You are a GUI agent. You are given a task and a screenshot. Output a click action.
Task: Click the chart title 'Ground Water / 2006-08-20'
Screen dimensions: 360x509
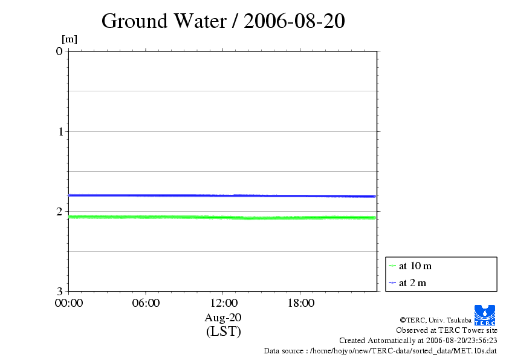coord(223,21)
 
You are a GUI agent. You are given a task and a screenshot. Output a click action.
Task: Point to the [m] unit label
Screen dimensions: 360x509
coord(70,39)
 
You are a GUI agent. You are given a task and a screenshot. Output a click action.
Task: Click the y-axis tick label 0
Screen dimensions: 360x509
coord(59,51)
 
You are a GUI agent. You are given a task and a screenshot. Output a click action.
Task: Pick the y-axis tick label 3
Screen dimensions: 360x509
coord(59,292)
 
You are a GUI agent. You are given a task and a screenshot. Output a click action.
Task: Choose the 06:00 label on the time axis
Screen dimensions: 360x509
coord(146,303)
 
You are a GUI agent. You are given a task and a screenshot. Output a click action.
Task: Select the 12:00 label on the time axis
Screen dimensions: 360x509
coord(223,303)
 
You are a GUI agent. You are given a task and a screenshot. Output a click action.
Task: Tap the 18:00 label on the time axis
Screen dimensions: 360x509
coord(300,303)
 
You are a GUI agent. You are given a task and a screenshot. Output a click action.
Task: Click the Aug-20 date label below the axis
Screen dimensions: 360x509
coord(223,317)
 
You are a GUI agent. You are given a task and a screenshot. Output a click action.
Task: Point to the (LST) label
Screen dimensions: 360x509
coord(223,331)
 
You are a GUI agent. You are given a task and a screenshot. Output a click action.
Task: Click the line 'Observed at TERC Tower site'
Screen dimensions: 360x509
coord(446,330)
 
